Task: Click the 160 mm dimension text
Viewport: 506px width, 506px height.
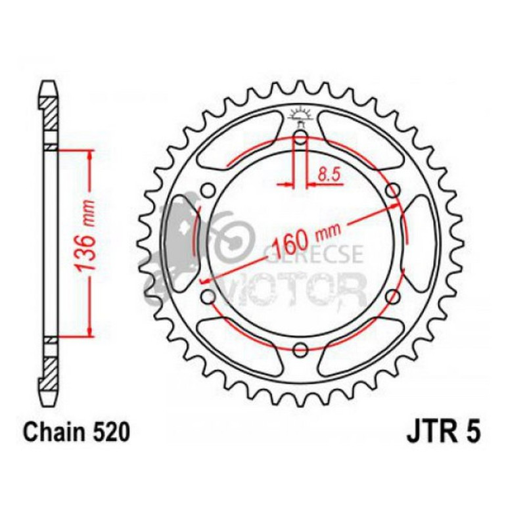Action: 307,238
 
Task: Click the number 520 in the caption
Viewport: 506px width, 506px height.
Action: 112,432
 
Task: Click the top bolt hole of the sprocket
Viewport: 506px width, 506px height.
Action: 301,139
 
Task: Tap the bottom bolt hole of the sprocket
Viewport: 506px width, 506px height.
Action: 301,349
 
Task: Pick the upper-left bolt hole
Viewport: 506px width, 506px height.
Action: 209,190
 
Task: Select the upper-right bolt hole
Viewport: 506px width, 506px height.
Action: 394,191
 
